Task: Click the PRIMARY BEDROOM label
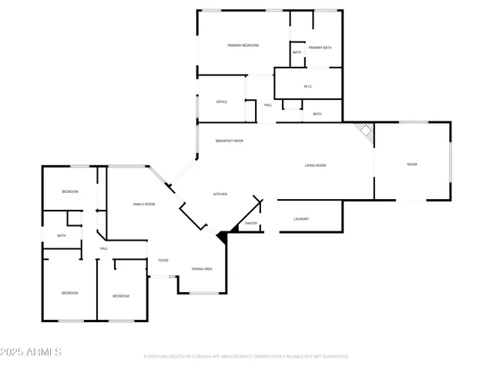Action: point(243,46)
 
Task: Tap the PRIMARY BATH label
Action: point(319,48)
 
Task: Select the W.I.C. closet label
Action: point(307,86)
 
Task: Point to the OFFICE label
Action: point(221,102)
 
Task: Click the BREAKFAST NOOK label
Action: point(230,141)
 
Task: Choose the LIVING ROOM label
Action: point(316,165)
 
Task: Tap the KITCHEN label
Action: point(220,194)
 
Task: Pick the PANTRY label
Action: point(251,224)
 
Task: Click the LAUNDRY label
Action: point(301,219)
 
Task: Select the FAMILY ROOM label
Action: point(144,204)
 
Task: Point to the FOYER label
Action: point(163,261)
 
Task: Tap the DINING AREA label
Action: point(203,269)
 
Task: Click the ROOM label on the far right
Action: point(412,165)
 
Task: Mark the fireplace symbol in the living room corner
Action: point(364,131)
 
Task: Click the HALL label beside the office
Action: point(268,105)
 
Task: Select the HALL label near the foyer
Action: point(103,248)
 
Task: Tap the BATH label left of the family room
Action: point(62,236)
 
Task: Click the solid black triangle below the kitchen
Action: point(223,238)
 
